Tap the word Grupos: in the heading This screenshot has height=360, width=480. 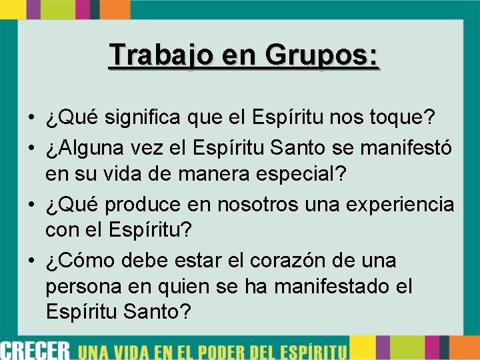323,55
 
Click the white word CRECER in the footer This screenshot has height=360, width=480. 35,348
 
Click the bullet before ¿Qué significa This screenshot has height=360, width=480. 31,119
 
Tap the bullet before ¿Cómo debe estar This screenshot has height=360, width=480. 31,260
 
